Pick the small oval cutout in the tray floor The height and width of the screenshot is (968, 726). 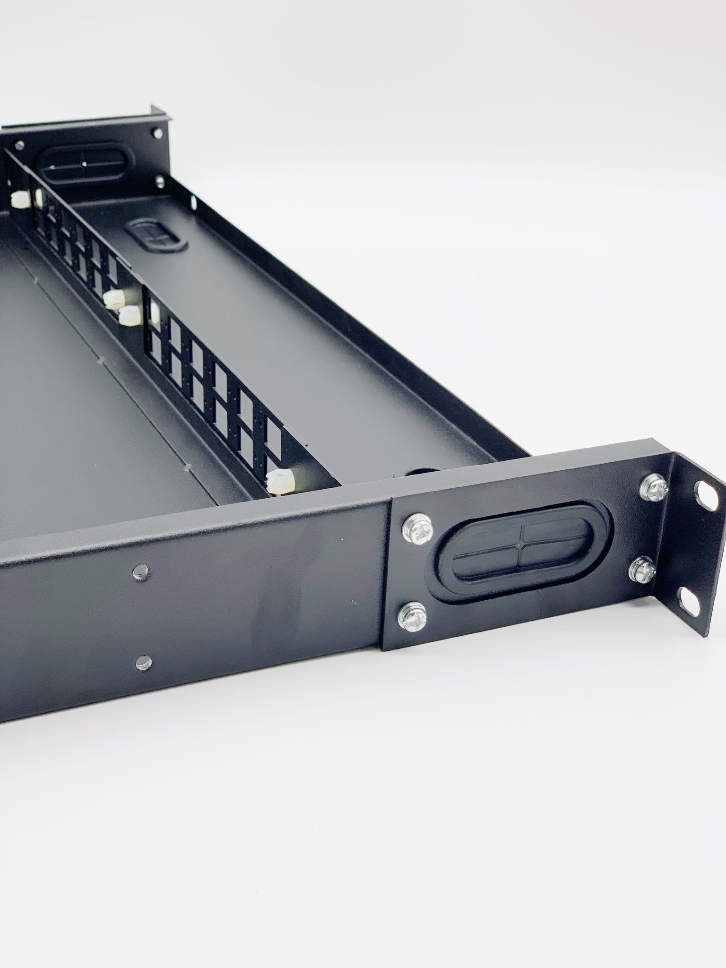point(156,233)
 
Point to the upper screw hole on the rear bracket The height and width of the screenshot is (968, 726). point(155,133)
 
